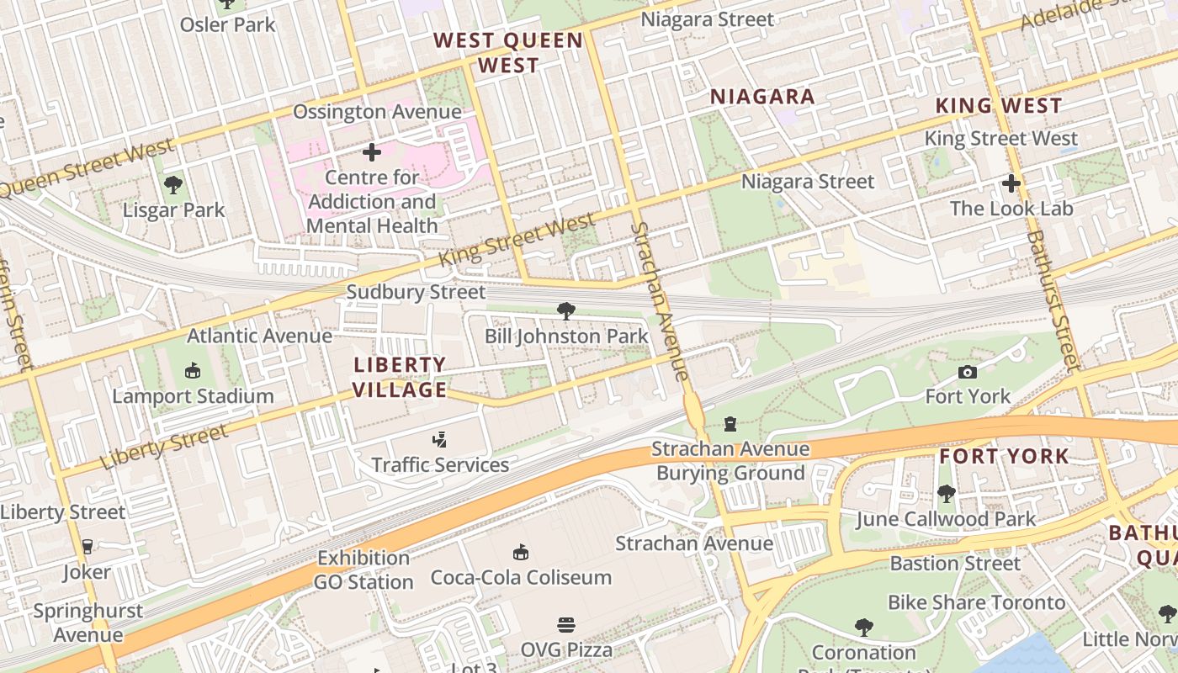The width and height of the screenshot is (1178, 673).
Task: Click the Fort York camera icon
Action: coord(968,372)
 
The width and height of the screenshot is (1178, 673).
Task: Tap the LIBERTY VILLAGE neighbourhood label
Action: coord(400,377)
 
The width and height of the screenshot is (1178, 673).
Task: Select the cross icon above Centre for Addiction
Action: coord(371,152)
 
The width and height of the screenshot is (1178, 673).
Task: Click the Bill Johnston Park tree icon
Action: coord(566,312)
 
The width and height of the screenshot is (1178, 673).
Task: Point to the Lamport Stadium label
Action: coord(193,395)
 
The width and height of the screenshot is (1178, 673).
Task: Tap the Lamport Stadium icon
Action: coord(193,370)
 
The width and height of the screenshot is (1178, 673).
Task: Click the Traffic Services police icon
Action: coord(439,439)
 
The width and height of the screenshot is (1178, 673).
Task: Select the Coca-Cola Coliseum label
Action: coord(521,577)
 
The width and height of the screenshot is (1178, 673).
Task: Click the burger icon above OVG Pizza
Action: coord(566,625)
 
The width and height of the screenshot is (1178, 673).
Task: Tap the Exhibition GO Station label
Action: coord(363,570)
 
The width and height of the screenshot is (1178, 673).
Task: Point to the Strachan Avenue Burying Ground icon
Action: coord(730,424)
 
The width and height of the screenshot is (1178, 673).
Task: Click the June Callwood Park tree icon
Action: coord(946,494)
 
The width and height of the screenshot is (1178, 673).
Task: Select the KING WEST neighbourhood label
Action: coord(999,106)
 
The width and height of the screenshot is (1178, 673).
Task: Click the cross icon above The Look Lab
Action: coord(1011,183)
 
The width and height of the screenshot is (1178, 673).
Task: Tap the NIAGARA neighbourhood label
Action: coord(762,97)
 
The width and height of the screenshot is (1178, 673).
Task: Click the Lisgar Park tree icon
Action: coord(173,184)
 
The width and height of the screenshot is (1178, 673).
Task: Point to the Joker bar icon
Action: coord(86,547)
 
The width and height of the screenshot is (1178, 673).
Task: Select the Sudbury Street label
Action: coord(416,292)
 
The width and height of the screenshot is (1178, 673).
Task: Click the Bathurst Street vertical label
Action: coord(1051,300)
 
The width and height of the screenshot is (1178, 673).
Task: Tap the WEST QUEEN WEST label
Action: coord(508,52)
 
